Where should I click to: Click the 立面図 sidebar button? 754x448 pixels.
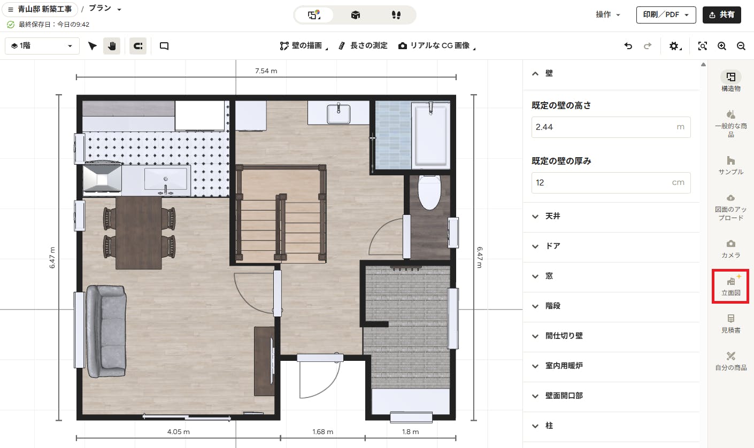(730, 287)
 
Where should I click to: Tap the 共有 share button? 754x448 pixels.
(722, 15)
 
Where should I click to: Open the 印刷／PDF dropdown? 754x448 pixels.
(666, 15)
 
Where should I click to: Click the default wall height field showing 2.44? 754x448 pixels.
(611, 127)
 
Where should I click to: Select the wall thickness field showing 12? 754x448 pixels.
(611, 183)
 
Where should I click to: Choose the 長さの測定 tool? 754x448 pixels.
(363, 46)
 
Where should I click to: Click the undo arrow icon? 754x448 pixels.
(628, 46)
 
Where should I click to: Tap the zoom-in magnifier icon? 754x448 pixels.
(722, 46)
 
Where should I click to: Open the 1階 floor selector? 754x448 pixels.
(42, 46)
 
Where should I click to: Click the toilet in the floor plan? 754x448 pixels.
(429, 192)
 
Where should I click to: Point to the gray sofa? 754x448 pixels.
(106, 331)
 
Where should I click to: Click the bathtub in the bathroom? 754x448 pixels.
(431, 135)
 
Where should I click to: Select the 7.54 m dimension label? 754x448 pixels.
(266, 71)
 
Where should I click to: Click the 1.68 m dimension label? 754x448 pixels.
(322, 432)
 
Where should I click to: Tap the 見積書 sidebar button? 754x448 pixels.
(730, 324)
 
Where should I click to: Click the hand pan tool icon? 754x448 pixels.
(112, 46)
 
